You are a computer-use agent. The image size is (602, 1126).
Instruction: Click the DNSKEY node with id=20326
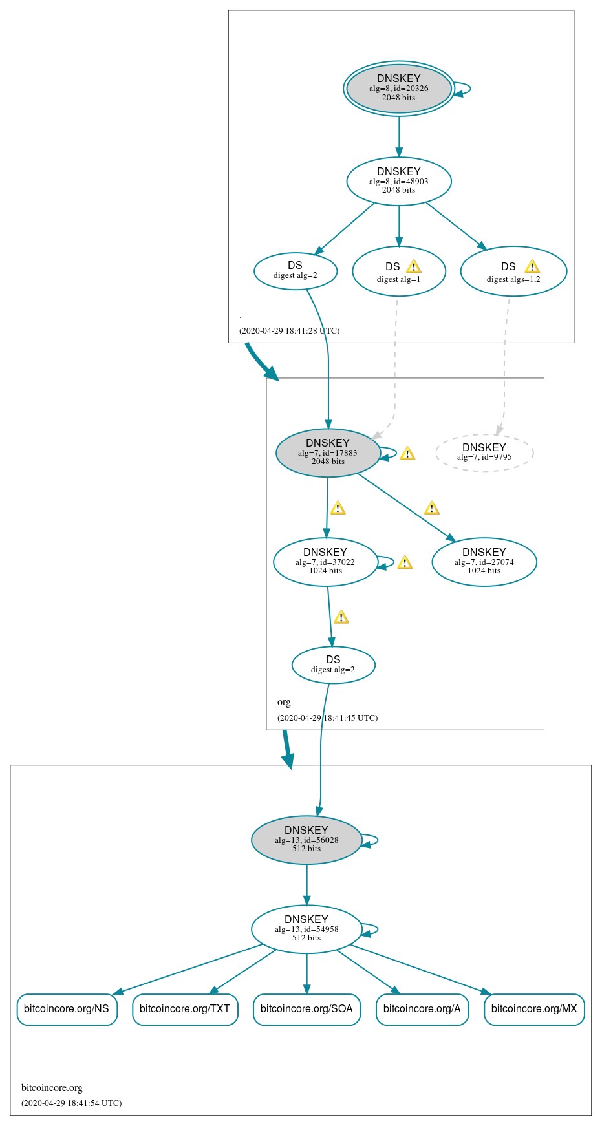click(398, 89)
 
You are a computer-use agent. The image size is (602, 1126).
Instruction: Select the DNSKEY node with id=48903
click(398, 181)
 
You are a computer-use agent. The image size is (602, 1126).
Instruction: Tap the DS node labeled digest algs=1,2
click(513, 271)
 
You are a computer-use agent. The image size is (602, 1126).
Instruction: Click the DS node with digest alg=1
click(398, 271)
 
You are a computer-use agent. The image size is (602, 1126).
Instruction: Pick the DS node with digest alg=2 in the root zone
click(295, 271)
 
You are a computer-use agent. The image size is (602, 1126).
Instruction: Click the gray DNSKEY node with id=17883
click(328, 452)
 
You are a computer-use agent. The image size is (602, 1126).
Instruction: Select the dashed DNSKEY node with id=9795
click(484, 452)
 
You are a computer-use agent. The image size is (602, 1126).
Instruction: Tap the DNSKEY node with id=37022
click(325, 562)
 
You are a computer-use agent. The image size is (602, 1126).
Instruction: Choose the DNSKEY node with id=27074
click(484, 562)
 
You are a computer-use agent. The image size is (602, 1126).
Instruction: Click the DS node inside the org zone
click(333, 664)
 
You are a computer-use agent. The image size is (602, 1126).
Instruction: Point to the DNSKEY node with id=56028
click(306, 840)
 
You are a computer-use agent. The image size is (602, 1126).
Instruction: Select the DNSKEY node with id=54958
click(306, 929)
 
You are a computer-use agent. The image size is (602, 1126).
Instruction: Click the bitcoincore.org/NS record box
click(67, 1009)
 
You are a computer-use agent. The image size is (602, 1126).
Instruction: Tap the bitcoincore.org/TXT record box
click(185, 1009)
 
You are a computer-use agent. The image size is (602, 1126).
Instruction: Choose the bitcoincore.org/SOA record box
click(306, 1009)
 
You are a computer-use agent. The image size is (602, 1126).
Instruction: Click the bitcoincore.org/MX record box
click(534, 1009)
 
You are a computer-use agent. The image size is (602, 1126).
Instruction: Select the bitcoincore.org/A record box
click(422, 1009)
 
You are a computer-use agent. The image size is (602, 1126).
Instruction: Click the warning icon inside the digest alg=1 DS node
click(414, 267)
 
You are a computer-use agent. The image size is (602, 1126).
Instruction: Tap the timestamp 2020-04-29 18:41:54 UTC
click(71, 1103)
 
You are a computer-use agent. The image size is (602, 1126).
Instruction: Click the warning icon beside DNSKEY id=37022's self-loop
click(405, 562)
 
